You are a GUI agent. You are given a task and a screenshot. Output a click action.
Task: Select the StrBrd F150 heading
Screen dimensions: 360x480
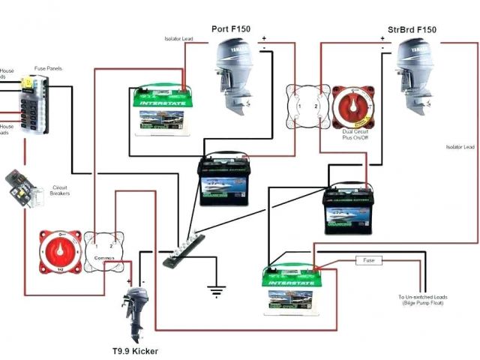click(x=412, y=30)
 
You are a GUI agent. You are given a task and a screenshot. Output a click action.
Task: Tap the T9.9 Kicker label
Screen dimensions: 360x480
click(x=135, y=350)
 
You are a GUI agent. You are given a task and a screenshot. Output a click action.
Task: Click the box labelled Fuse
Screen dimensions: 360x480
click(x=368, y=261)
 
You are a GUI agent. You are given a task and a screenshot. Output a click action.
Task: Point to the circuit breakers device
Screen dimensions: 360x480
click(x=24, y=187)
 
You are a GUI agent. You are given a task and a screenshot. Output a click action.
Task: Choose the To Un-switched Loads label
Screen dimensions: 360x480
click(x=423, y=301)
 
